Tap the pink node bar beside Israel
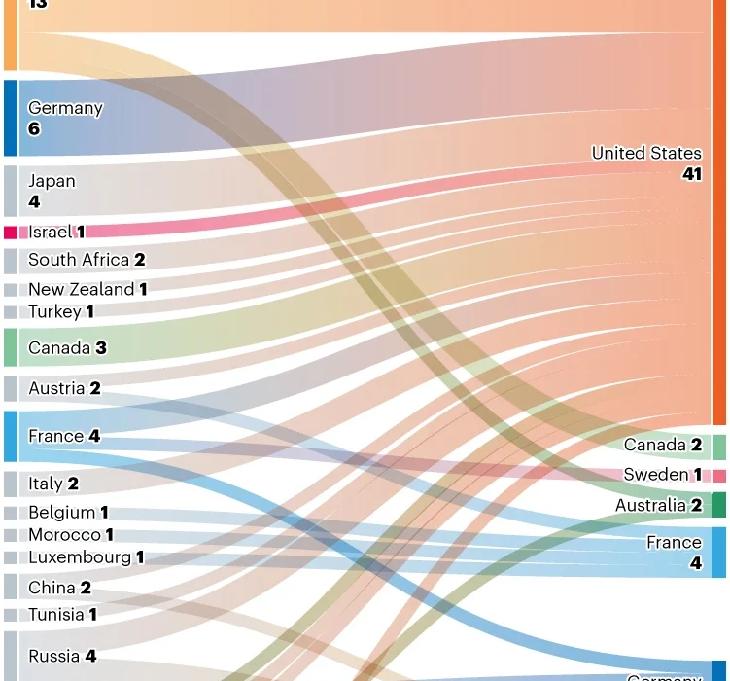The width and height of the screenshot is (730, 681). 11,233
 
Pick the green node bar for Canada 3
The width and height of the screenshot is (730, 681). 11,347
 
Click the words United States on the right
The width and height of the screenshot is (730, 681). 646,153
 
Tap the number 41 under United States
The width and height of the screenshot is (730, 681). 691,174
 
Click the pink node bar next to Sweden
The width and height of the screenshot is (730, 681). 719,476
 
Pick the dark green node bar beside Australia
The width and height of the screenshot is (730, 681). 719,505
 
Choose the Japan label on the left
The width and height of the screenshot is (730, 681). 52,181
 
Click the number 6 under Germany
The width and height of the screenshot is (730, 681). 34,128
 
